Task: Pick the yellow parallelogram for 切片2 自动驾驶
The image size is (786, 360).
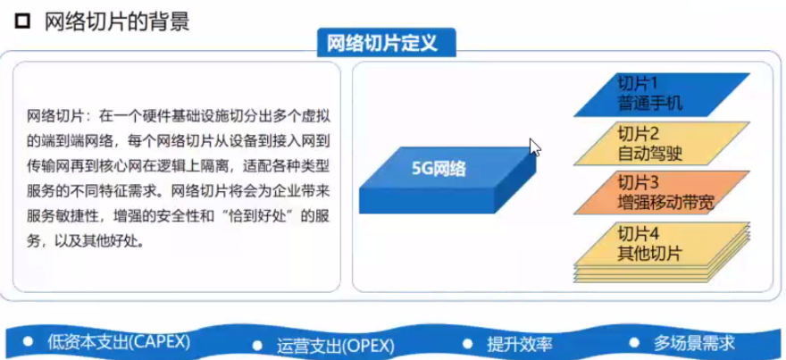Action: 661,144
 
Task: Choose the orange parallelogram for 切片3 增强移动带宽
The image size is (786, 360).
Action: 661,193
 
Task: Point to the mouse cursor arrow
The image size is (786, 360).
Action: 535,147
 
